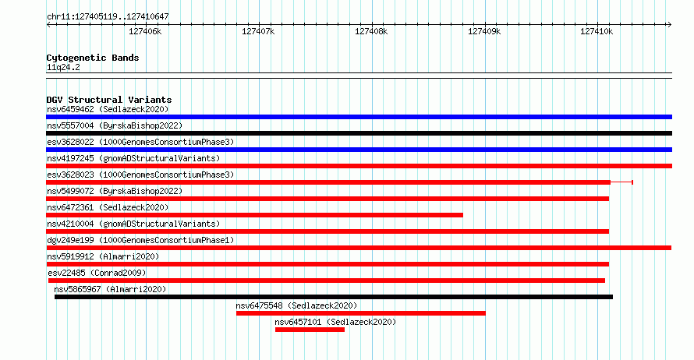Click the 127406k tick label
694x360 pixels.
coord(145,31)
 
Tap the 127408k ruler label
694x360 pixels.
coord(371,31)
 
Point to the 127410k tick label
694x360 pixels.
coord(597,31)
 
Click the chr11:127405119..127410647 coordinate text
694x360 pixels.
coord(108,17)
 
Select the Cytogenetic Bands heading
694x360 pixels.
coord(93,58)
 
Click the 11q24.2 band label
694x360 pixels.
coord(63,68)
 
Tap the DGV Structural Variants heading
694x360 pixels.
coord(109,100)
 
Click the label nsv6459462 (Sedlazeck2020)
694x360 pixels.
coord(108,109)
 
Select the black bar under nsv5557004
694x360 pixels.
coord(359,133)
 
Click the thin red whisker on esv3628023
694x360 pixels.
coord(621,182)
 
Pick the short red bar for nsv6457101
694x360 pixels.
coord(310,330)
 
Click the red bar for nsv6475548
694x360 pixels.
coord(361,313)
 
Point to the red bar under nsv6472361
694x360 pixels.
coord(254,215)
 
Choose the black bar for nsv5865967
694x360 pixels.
coord(334,297)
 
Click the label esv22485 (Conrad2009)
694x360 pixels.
coord(97,273)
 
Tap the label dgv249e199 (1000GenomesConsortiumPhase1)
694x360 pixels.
coord(140,240)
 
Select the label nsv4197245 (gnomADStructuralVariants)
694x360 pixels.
coord(133,158)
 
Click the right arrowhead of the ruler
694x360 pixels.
coord(670,25)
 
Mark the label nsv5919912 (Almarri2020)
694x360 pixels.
coord(103,256)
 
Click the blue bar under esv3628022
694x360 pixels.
coord(359,150)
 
